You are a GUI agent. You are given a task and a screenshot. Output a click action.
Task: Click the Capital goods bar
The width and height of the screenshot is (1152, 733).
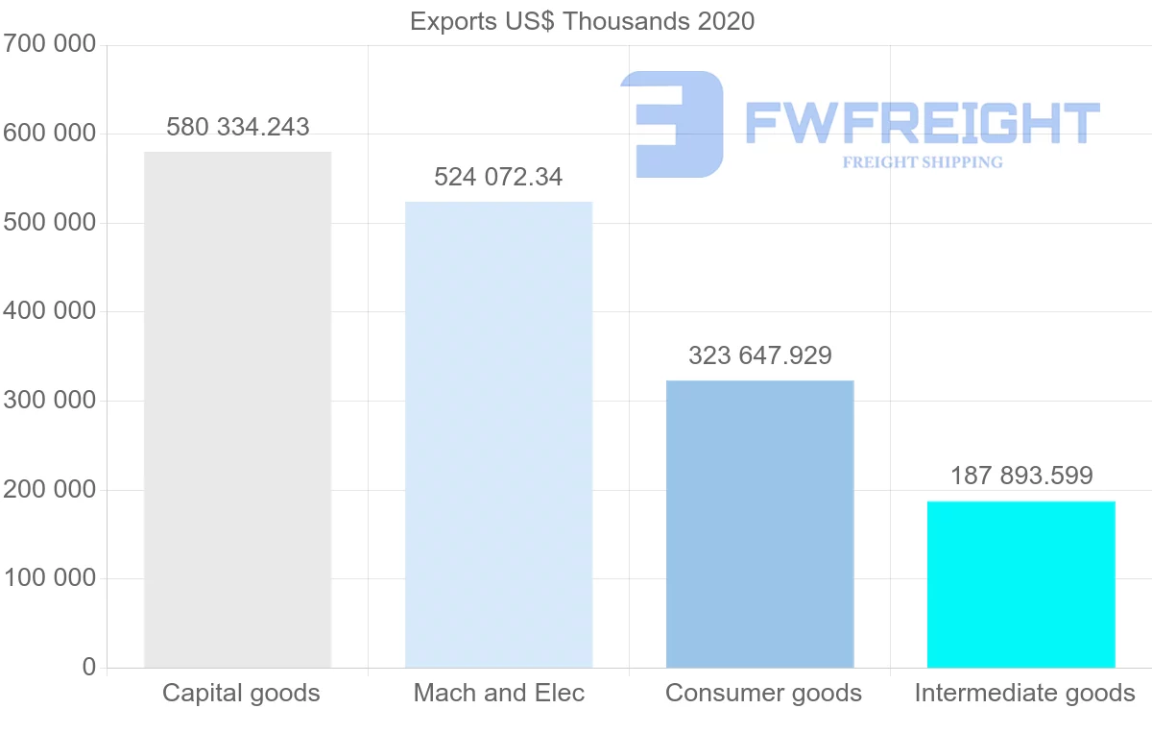click(237, 409)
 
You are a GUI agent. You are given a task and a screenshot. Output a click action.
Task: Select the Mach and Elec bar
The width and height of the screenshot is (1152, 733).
click(498, 434)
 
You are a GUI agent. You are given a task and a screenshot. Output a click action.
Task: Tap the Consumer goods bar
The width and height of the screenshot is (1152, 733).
click(759, 524)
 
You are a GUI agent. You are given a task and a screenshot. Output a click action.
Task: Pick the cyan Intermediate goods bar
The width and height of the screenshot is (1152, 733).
click(1020, 584)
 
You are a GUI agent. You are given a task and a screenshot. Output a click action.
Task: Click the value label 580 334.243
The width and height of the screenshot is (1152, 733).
click(238, 127)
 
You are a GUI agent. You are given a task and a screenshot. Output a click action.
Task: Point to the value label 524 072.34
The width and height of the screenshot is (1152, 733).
click(498, 177)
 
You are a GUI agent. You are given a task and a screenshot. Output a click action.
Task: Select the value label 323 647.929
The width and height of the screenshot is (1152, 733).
click(759, 355)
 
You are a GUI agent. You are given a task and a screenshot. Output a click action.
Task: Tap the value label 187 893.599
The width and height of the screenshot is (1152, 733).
click(1021, 476)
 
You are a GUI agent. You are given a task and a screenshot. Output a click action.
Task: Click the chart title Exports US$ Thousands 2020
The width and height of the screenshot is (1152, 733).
click(582, 21)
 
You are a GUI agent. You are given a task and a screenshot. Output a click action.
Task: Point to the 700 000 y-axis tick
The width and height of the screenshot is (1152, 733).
click(50, 44)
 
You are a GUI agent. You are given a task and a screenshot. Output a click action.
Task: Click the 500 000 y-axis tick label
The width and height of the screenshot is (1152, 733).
click(50, 223)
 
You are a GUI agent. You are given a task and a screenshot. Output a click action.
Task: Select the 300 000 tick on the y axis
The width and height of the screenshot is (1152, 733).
click(50, 401)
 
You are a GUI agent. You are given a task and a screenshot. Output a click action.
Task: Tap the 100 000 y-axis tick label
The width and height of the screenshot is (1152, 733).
click(50, 578)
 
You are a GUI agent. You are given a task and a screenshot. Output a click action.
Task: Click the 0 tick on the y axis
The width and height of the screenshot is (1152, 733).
click(89, 667)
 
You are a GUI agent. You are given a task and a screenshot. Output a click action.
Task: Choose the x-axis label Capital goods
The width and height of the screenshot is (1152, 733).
click(241, 693)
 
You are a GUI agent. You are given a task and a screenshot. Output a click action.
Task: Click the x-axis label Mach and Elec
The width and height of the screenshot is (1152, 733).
click(498, 693)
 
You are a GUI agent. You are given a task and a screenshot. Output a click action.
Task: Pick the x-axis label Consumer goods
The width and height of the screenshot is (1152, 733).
click(763, 693)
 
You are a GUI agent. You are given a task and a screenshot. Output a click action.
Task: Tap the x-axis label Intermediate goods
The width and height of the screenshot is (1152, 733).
click(1024, 693)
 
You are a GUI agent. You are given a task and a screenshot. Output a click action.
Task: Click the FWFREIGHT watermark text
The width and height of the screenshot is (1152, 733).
click(922, 123)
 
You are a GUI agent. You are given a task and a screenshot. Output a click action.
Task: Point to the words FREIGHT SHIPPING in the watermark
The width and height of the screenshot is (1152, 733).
click(923, 162)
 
